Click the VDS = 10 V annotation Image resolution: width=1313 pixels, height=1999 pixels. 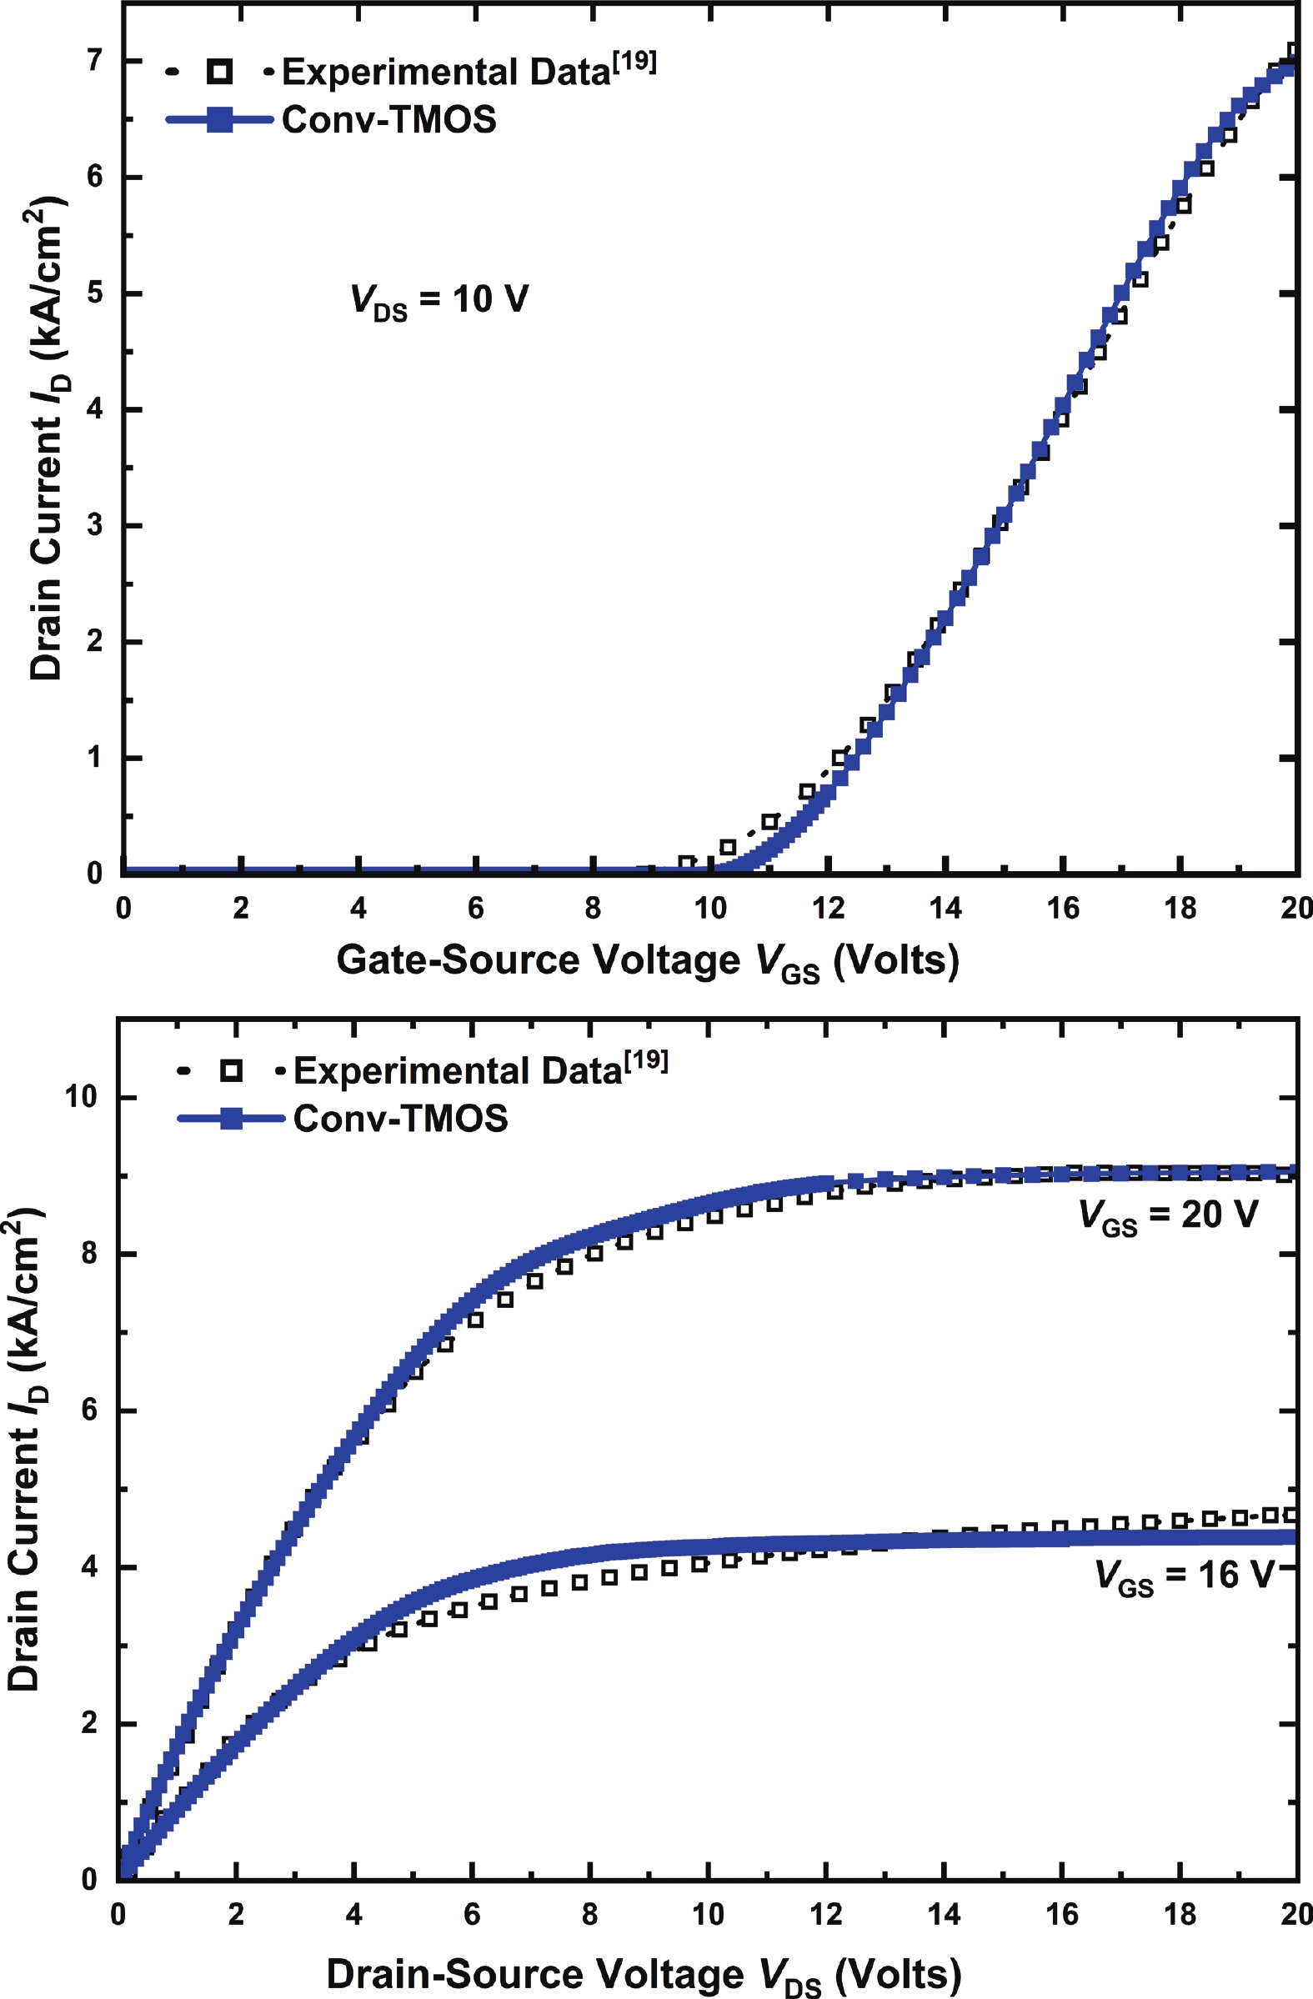(439, 301)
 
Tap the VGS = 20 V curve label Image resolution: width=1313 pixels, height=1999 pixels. (1169, 1215)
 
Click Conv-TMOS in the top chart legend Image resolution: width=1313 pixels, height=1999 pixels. (389, 119)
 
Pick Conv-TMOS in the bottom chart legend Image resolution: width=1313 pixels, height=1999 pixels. (401, 1118)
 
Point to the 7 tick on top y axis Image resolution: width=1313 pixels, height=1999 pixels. (95, 61)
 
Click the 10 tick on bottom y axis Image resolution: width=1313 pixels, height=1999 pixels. (82, 1096)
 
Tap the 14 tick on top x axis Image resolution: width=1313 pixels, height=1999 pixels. (945, 908)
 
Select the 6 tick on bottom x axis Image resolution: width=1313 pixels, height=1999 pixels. (472, 1914)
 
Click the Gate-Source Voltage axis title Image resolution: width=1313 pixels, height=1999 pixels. (648, 961)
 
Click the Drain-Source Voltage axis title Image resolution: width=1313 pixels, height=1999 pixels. (644, 1975)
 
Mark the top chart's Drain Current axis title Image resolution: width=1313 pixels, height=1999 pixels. (48, 438)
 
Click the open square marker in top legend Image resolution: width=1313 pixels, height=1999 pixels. (219, 73)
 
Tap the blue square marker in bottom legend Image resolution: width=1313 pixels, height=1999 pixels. (231, 1118)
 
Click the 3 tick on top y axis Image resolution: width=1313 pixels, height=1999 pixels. (95, 525)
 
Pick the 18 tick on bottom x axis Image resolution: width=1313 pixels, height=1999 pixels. (1180, 1914)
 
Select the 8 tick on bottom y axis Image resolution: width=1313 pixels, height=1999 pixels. (90, 1253)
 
